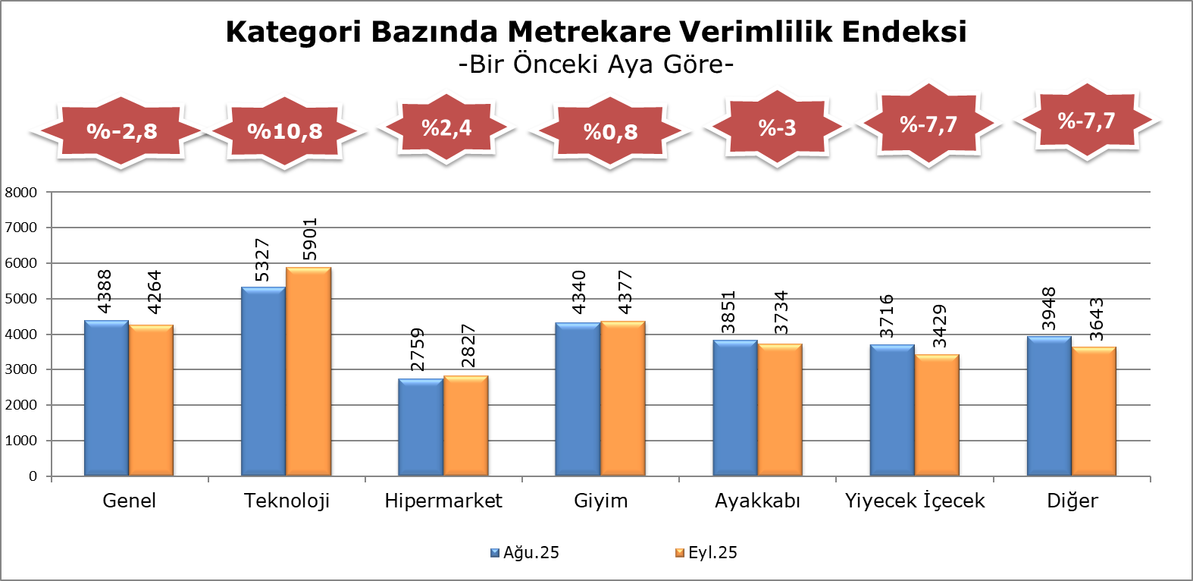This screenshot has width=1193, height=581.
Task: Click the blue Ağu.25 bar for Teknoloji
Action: [263, 382]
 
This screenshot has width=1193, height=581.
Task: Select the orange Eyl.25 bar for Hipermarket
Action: [465, 426]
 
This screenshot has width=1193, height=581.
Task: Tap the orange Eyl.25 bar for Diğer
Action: [1094, 412]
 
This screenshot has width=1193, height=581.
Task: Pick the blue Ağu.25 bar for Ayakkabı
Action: [734, 408]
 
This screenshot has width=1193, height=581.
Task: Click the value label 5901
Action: [309, 240]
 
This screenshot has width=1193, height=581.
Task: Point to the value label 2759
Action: [417, 350]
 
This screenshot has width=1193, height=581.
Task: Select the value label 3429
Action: [940, 326]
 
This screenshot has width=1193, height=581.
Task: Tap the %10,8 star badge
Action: [285, 131]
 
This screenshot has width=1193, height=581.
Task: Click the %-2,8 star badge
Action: [121, 131]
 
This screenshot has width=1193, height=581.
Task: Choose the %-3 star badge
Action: [777, 127]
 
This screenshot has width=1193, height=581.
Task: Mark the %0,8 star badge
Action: [610, 132]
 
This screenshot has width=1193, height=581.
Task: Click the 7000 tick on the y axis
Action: [21, 228]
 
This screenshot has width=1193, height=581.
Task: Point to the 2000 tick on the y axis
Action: [21, 405]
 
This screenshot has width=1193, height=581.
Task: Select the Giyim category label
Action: [600, 501]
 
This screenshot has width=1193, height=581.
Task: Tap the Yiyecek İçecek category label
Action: [915, 501]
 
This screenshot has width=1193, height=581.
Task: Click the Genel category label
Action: [129, 501]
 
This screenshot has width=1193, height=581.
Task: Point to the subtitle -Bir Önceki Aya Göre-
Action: [596, 64]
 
